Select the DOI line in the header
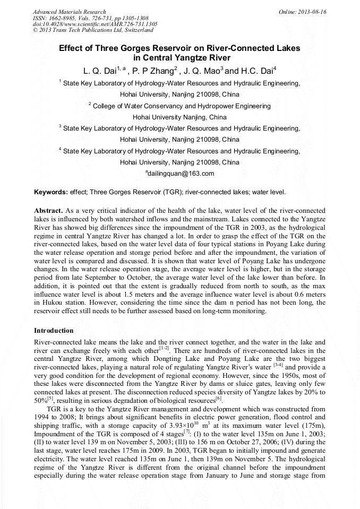coord(95,24)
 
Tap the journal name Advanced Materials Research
coord(69,11)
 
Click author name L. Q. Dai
coord(100,70)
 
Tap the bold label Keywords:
coord(51,192)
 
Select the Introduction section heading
coord(54,331)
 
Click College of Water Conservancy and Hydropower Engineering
coord(182,106)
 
